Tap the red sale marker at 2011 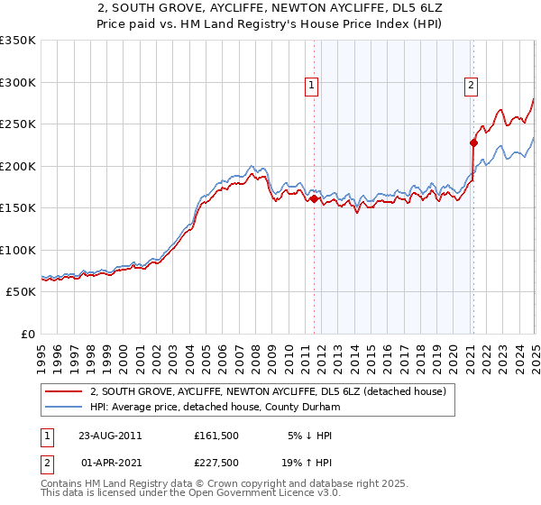coord(315,199)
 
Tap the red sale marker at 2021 coord(473,142)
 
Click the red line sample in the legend coord(63,391)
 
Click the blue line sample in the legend coord(63,407)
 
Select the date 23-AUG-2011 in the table coord(110,435)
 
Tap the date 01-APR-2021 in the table coord(110,462)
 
